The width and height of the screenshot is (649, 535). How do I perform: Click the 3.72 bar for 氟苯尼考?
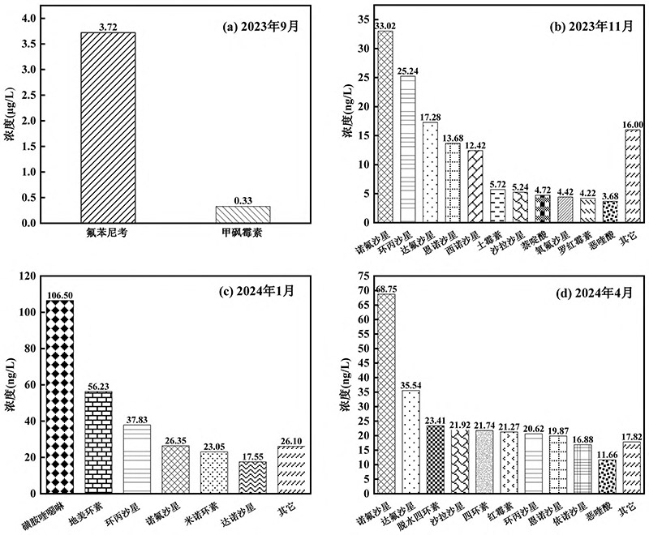point(108,127)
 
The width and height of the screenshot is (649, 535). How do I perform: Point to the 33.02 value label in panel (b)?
point(385,25)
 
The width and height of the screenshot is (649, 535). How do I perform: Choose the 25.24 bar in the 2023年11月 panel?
point(408,148)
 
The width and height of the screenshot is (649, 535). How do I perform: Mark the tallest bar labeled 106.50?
point(59,396)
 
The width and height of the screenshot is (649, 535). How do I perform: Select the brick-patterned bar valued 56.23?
point(99,442)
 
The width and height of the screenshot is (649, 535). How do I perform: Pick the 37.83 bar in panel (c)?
point(137,459)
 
